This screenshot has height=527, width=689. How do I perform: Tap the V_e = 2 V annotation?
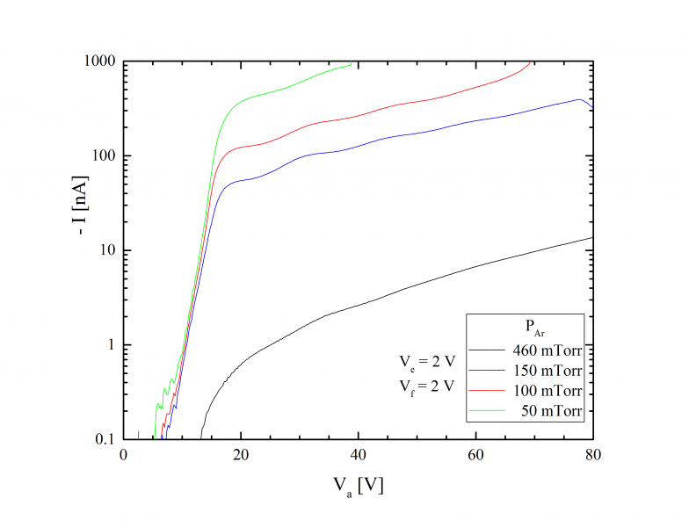click(425, 360)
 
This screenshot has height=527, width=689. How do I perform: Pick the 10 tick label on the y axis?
click(108, 250)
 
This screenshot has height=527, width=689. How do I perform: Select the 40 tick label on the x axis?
click(359, 456)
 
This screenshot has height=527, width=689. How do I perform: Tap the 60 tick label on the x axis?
click(476, 456)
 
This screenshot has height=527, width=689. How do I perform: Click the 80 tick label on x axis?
click(593, 456)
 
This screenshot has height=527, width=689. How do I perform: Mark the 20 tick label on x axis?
click(241, 456)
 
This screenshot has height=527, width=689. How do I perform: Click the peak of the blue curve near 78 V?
click(579, 99)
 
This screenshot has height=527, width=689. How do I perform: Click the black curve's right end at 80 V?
click(593, 237)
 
